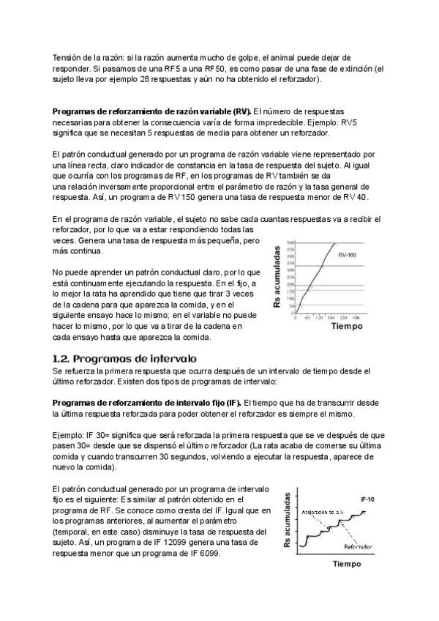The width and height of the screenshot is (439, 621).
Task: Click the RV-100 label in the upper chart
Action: pyautogui.click(x=347, y=254)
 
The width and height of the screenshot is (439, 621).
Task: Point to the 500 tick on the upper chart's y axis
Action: pyautogui.click(x=290, y=242)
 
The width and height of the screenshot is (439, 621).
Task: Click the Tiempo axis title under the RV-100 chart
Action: pyautogui.click(x=346, y=327)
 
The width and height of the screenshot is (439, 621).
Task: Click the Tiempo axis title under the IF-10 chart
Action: pyautogui.click(x=348, y=565)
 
